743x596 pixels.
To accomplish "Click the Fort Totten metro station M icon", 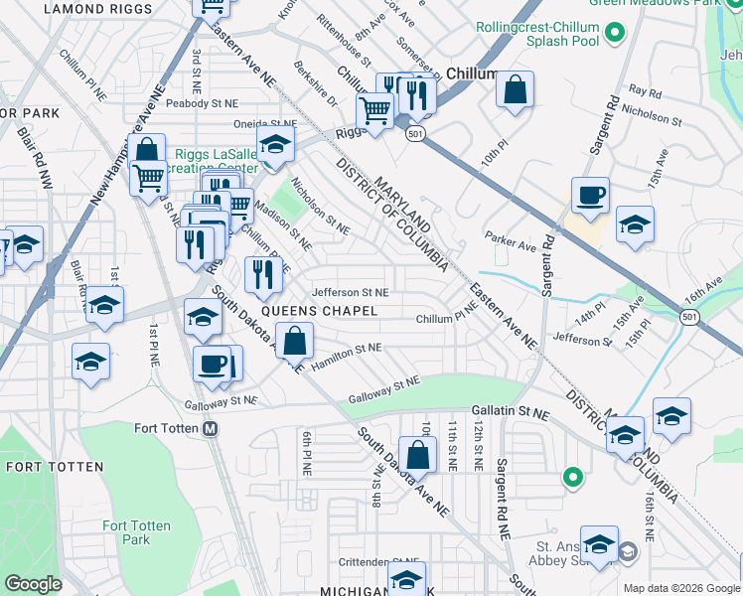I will click(210, 429).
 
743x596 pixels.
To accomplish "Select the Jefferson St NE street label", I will click(350, 293).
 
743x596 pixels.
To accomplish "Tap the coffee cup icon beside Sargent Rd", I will click(590, 197).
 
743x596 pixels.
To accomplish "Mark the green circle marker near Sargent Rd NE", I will click(572, 478).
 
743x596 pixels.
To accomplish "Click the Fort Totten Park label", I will click(136, 532).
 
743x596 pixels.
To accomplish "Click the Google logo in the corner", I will click(33, 584).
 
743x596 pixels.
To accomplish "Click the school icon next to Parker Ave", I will click(634, 224).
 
